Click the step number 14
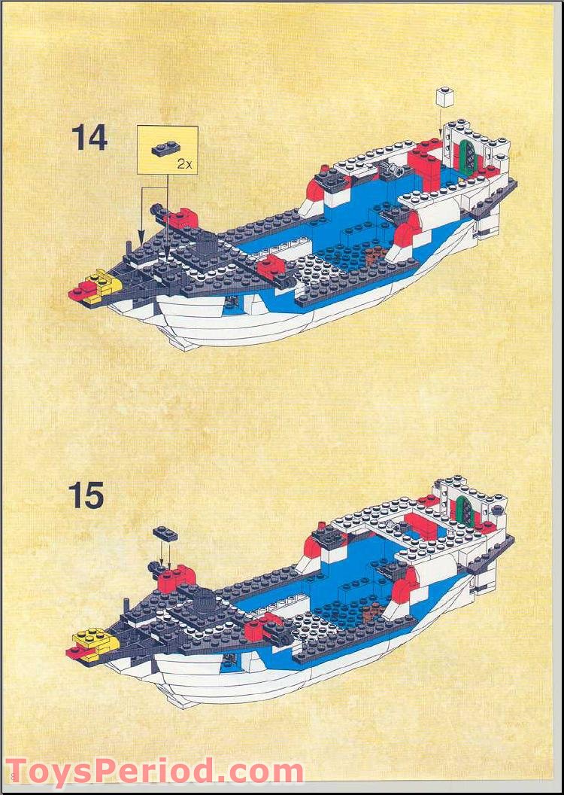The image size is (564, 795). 89,139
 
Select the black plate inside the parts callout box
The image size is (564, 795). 163,148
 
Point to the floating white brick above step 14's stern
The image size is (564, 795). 444,96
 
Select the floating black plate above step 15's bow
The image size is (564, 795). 166,534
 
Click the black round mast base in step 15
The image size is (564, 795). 202,600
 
